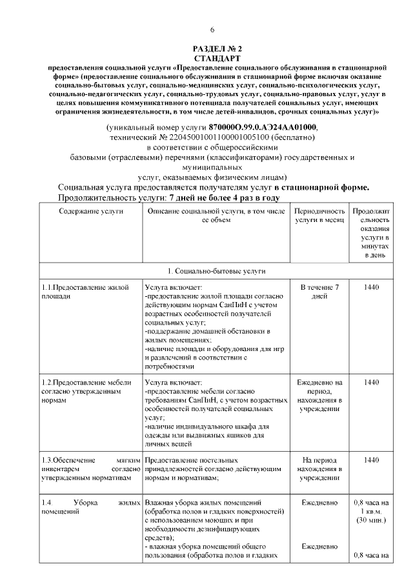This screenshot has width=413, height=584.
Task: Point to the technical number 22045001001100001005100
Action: pos(212,137)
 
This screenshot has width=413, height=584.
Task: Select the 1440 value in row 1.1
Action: pos(372,287)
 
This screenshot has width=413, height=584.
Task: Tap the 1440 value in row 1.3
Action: pos(372,459)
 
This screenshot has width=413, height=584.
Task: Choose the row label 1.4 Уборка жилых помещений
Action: pos(90,507)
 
